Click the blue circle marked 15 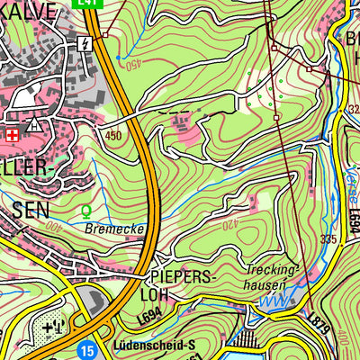coord(85,348)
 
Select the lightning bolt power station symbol coord(85,43)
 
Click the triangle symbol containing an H coord(33,125)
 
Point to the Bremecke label coord(115,230)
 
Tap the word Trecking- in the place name coord(270,270)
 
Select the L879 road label coord(318,321)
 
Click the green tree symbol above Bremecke coord(86,212)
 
